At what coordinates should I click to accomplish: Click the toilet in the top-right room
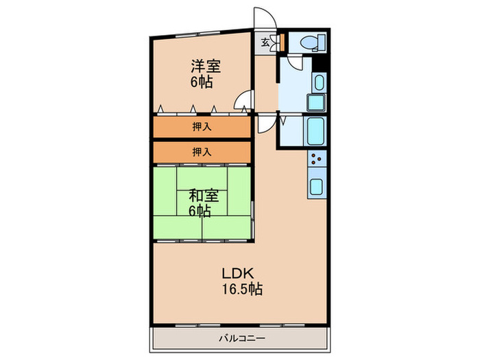(313, 42)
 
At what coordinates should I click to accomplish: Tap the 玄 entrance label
(265, 43)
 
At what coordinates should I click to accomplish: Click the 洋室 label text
(206, 66)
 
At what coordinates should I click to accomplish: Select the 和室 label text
(203, 196)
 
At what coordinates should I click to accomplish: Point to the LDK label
(238, 274)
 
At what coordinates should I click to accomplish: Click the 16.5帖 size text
(242, 289)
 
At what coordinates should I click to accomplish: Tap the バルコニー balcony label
(242, 338)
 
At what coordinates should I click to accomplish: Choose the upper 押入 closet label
(202, 126)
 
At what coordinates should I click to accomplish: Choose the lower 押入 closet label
(202, 152)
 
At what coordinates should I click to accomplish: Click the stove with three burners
(317, 158)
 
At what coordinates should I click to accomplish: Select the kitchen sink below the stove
(317, 187)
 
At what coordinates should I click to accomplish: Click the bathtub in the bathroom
(315, 132)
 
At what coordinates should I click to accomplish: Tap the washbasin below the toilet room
(320, 82)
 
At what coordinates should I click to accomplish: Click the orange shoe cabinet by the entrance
(283, 42)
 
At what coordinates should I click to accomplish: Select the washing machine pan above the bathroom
(315, 103)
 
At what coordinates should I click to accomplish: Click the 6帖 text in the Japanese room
(200, 211)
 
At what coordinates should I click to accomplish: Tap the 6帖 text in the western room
(202, 82)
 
